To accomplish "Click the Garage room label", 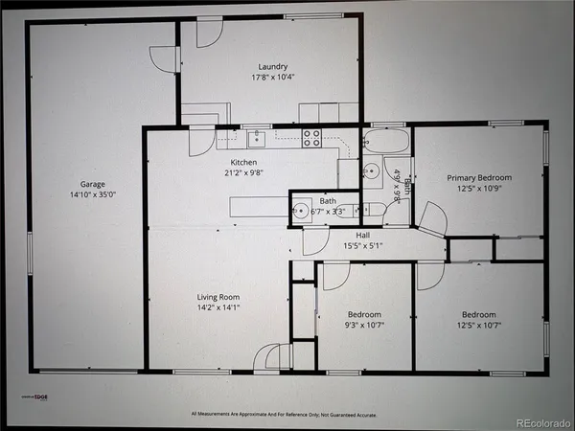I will tap(93, 184).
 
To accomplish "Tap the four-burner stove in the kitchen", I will tap(311, 138).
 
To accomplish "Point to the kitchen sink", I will tap(256, 135).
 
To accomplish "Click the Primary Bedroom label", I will tap(479, 178).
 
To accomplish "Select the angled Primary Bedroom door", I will tap(433, 219).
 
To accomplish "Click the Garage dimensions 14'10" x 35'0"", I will tap(93, 195).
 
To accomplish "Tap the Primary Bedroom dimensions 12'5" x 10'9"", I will tap(479, 190).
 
